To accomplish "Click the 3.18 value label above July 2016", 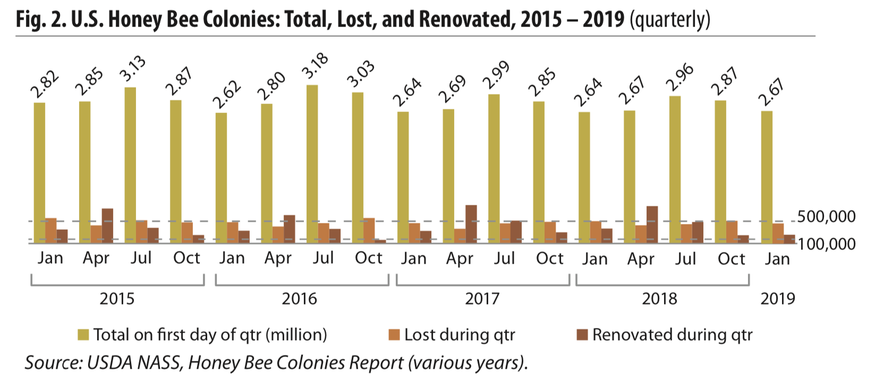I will [x=316, y=66].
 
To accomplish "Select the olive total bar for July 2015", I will [x=130, y=164].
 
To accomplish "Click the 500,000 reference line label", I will [x=826, y=216].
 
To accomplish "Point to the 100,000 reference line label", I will [x=826, y=244].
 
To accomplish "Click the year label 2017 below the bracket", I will [x=482, y=299].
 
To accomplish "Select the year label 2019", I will [x=777, y=299].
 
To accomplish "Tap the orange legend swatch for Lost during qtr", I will [x=394, y=335].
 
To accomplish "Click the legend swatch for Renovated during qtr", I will [x=582, y=335].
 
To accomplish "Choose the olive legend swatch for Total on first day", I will [x=83, y=335].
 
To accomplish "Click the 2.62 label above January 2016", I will [x=227, y=95].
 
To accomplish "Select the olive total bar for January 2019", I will [x=767, y=176].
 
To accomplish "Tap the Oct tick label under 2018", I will [x=731, y=259].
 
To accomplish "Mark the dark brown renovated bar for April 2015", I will [x=107, y=225].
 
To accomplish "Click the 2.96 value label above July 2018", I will [x=680, y=77].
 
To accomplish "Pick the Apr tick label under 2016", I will [x=277, y=259].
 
